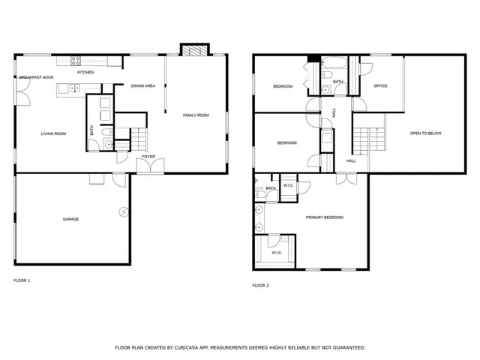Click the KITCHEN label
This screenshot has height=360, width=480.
click(x=85, y=72)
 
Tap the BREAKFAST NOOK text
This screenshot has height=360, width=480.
click(x=35, y=77)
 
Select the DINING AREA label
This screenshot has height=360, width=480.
click(x=142, y=86)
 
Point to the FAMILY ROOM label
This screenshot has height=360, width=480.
click(x=196, y=115)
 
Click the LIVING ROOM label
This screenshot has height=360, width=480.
click(x=53, y=133)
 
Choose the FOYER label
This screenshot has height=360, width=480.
click(x=148, y=156)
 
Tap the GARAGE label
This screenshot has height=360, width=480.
click(x=70, y=219)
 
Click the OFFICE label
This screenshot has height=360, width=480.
click(x=380, y=86)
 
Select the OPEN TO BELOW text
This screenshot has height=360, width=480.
click(x=425, y=133)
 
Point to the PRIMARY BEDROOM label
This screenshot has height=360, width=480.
click(x=324, y=217)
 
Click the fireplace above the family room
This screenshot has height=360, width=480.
click(x=193, y=50)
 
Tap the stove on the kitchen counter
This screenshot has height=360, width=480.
click(x=75, y=61)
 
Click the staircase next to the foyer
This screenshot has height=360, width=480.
click(x=139, y=138)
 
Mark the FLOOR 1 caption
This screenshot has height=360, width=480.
click(x=22, y=280)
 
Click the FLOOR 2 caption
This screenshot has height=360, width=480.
click(x=260, y=285)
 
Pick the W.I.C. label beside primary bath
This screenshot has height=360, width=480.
click(x=289, y=185)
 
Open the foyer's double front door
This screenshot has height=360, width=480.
click(x=153, y=166)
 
